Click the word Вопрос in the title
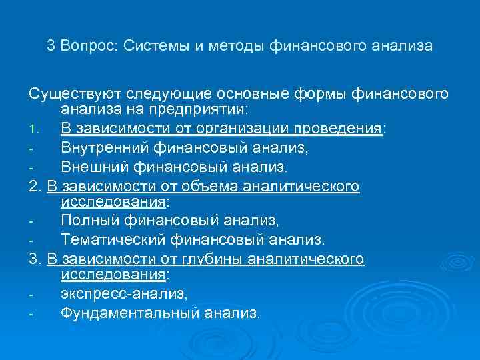pos(88,46)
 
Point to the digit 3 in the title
pos(51,46)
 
